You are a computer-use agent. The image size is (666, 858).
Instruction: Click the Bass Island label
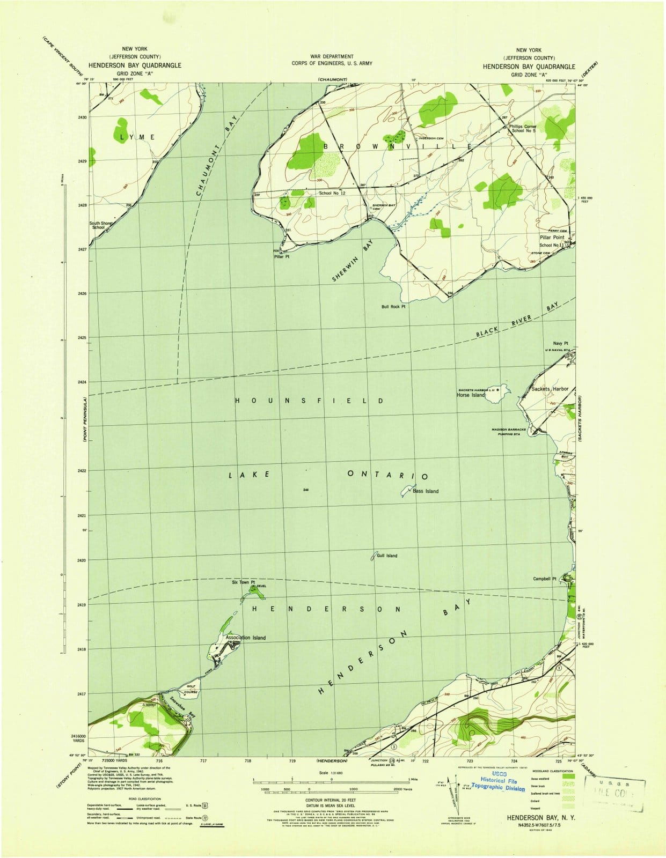pyautogui.click(x=426, y=491)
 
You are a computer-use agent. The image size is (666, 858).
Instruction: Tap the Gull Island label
pyautogui.click(x=387, y=556)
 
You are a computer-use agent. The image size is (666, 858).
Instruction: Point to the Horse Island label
pyautogui.click(x=471, y=395)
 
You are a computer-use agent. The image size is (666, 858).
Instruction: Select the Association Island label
pyautogui.click(x=246, y=638)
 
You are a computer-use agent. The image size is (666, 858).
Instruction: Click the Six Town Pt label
pyautogui.click(x=243, y=582)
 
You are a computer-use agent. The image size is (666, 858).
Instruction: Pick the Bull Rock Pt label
pyautogui.click(x=393, y=307)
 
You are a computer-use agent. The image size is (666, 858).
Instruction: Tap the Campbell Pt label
pyautogui.click(x=545, y=579)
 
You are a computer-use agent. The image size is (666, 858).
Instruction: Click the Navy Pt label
pyautogui.click(x=560, y=344)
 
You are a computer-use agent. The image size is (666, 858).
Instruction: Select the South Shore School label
pyautogui.click(x=101, y=225)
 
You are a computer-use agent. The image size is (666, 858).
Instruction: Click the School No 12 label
pyautogui.click(x=332, y=193)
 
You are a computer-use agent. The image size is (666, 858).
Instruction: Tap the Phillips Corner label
pyautogui.click(x=523, y=127)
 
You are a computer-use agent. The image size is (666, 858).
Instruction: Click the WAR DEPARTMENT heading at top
pyautogui.click(x=332, y=56)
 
